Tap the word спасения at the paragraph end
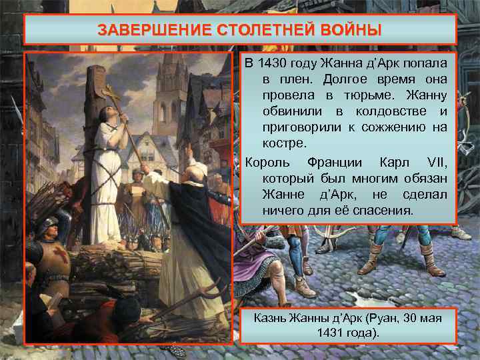[x=386, y=210]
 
